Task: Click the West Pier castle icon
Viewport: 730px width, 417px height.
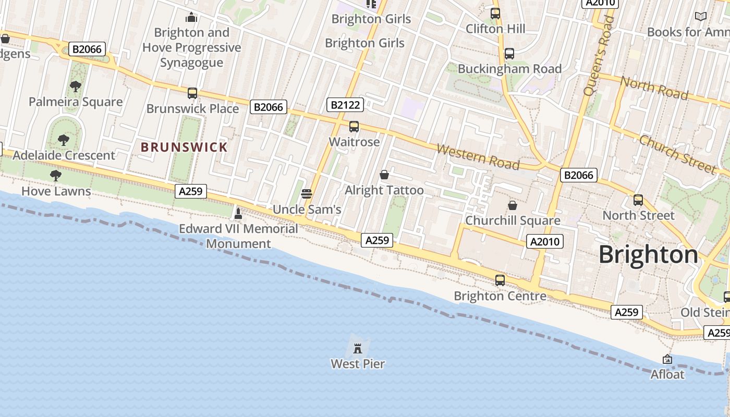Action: click(358, 348)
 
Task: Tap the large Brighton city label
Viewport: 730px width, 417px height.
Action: click(648, 255)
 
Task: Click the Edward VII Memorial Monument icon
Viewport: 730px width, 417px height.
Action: click(238, 213)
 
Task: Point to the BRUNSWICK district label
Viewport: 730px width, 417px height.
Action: click(184, 147)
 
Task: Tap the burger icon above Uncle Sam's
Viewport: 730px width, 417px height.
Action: click(307, 194)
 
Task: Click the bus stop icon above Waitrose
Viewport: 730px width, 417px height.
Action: click(354, 126)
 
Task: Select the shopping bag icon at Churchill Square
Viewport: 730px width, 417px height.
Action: click(513, 205)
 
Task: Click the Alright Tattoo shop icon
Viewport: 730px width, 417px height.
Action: click(384, 175)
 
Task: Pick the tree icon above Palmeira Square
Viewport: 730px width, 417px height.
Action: click(76, 87)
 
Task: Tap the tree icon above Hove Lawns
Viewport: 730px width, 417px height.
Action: click(56, 176)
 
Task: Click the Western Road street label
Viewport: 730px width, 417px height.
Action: click(478, 157)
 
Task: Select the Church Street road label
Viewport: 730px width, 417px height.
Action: click(677, 155)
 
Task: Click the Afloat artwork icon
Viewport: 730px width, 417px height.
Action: click(667, 359)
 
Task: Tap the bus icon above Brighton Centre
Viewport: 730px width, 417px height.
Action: click(500, 280)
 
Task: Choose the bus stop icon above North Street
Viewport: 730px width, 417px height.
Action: click(638, 200)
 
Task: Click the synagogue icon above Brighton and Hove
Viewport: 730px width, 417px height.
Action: click(191, 17)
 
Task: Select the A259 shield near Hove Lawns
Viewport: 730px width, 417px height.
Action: click(190, 191)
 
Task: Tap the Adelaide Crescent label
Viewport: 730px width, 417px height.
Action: click(64, 155)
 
